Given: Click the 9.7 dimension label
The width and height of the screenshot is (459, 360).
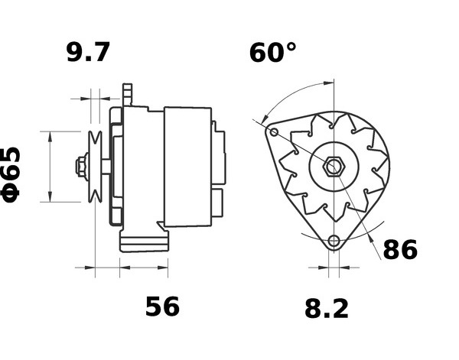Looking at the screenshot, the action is tap(88, 52).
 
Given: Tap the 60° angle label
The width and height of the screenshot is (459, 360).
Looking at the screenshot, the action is tap(272, 53).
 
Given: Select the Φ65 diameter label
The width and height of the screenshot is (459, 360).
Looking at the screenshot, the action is tap(11, 175).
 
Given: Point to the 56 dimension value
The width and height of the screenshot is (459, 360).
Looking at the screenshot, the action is tap(162, 306).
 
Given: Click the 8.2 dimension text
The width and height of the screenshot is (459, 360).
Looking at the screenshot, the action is tap(327, 309).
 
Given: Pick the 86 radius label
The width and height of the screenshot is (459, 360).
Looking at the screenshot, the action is tap(400, 249).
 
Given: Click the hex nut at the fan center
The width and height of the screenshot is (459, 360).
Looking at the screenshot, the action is tap(334, 167).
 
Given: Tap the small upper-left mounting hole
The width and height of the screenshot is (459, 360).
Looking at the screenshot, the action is tap(274, 132).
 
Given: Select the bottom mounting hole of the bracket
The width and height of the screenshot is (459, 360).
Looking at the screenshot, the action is tap(334, 242).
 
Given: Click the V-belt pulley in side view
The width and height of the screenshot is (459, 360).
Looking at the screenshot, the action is tap(95, 167).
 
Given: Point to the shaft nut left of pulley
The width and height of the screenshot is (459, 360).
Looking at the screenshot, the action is tap(82, 167).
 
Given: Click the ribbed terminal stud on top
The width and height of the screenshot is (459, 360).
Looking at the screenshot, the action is tap(127, 95).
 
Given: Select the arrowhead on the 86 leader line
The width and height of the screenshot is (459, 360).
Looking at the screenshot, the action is tap(372, 238).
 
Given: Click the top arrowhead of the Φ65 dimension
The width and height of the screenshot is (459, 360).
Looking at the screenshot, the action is tap(50, 137).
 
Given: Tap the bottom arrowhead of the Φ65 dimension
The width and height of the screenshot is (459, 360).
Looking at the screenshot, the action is tap(50, 196).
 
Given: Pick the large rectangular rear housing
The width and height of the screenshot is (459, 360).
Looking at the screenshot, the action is tap(187, 167).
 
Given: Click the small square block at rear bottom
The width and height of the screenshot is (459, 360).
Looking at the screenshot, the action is tap(217, 203).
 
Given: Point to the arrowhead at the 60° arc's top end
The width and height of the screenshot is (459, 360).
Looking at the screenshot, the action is tap(328, 83).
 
